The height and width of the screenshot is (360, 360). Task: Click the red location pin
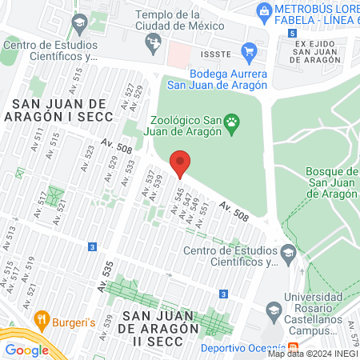[x=180, y=164]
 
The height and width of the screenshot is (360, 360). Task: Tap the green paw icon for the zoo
[x=232, y=122]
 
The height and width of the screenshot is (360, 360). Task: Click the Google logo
[x=26, y=350]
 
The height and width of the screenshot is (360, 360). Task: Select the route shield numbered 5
[x=293, y=33]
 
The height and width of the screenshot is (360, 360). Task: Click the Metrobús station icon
[x=264, y=10]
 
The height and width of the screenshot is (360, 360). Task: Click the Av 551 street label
[x=203, y=211]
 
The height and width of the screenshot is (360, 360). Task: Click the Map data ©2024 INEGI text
[x=312, y=354]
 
